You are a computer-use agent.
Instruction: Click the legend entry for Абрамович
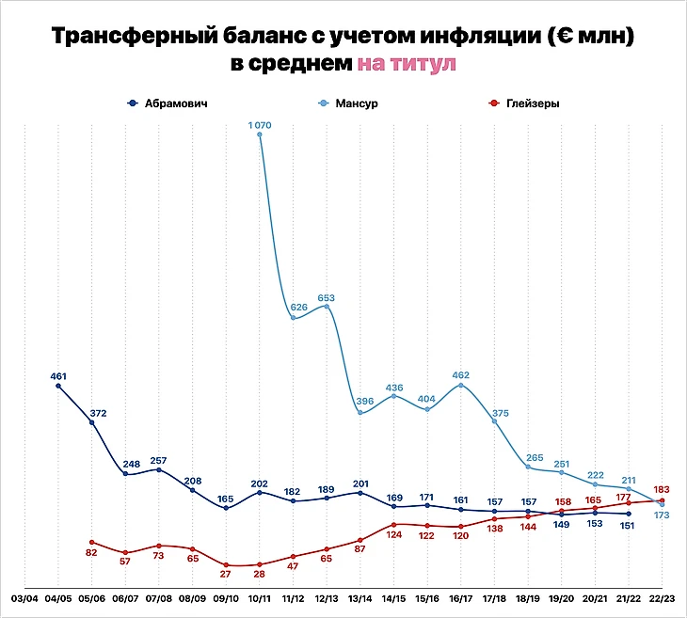[169, 103]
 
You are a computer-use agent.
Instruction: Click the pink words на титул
[407, 65]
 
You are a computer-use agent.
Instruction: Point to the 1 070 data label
[259, 124]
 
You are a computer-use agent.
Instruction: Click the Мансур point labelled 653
[327, 306]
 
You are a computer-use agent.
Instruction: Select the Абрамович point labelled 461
[58, 386]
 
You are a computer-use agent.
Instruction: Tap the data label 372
[92, 412]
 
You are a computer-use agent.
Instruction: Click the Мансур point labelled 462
[461, 385]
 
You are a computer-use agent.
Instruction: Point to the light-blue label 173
[661, 515]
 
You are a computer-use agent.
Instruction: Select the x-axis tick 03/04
[24, 598]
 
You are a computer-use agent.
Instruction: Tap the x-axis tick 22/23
[662, 598]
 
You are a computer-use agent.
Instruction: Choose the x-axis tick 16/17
[460, 598]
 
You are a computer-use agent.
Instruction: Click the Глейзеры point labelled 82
[91, 542]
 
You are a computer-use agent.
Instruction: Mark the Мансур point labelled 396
[360, 413]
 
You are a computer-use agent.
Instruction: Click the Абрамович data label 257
[158, 460]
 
